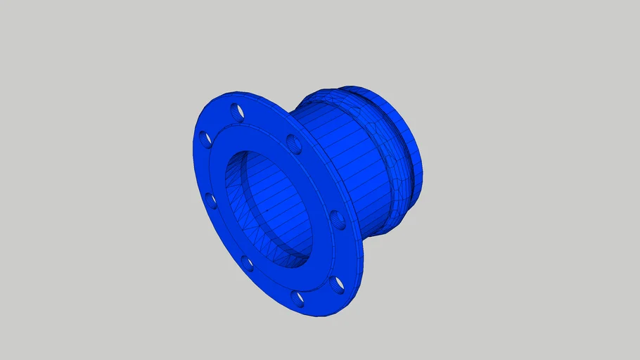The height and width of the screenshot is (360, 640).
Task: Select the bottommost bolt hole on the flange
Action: coord(298,300)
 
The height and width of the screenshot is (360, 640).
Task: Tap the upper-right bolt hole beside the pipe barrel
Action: coord(294,146)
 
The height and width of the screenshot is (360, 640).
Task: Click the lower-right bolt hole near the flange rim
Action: coord(338,284)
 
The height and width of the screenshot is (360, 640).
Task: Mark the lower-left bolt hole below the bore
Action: coord(248,264)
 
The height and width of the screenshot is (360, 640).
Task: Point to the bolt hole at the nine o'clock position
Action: coord(210,201)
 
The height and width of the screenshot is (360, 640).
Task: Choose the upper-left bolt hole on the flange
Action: coord(204,139)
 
